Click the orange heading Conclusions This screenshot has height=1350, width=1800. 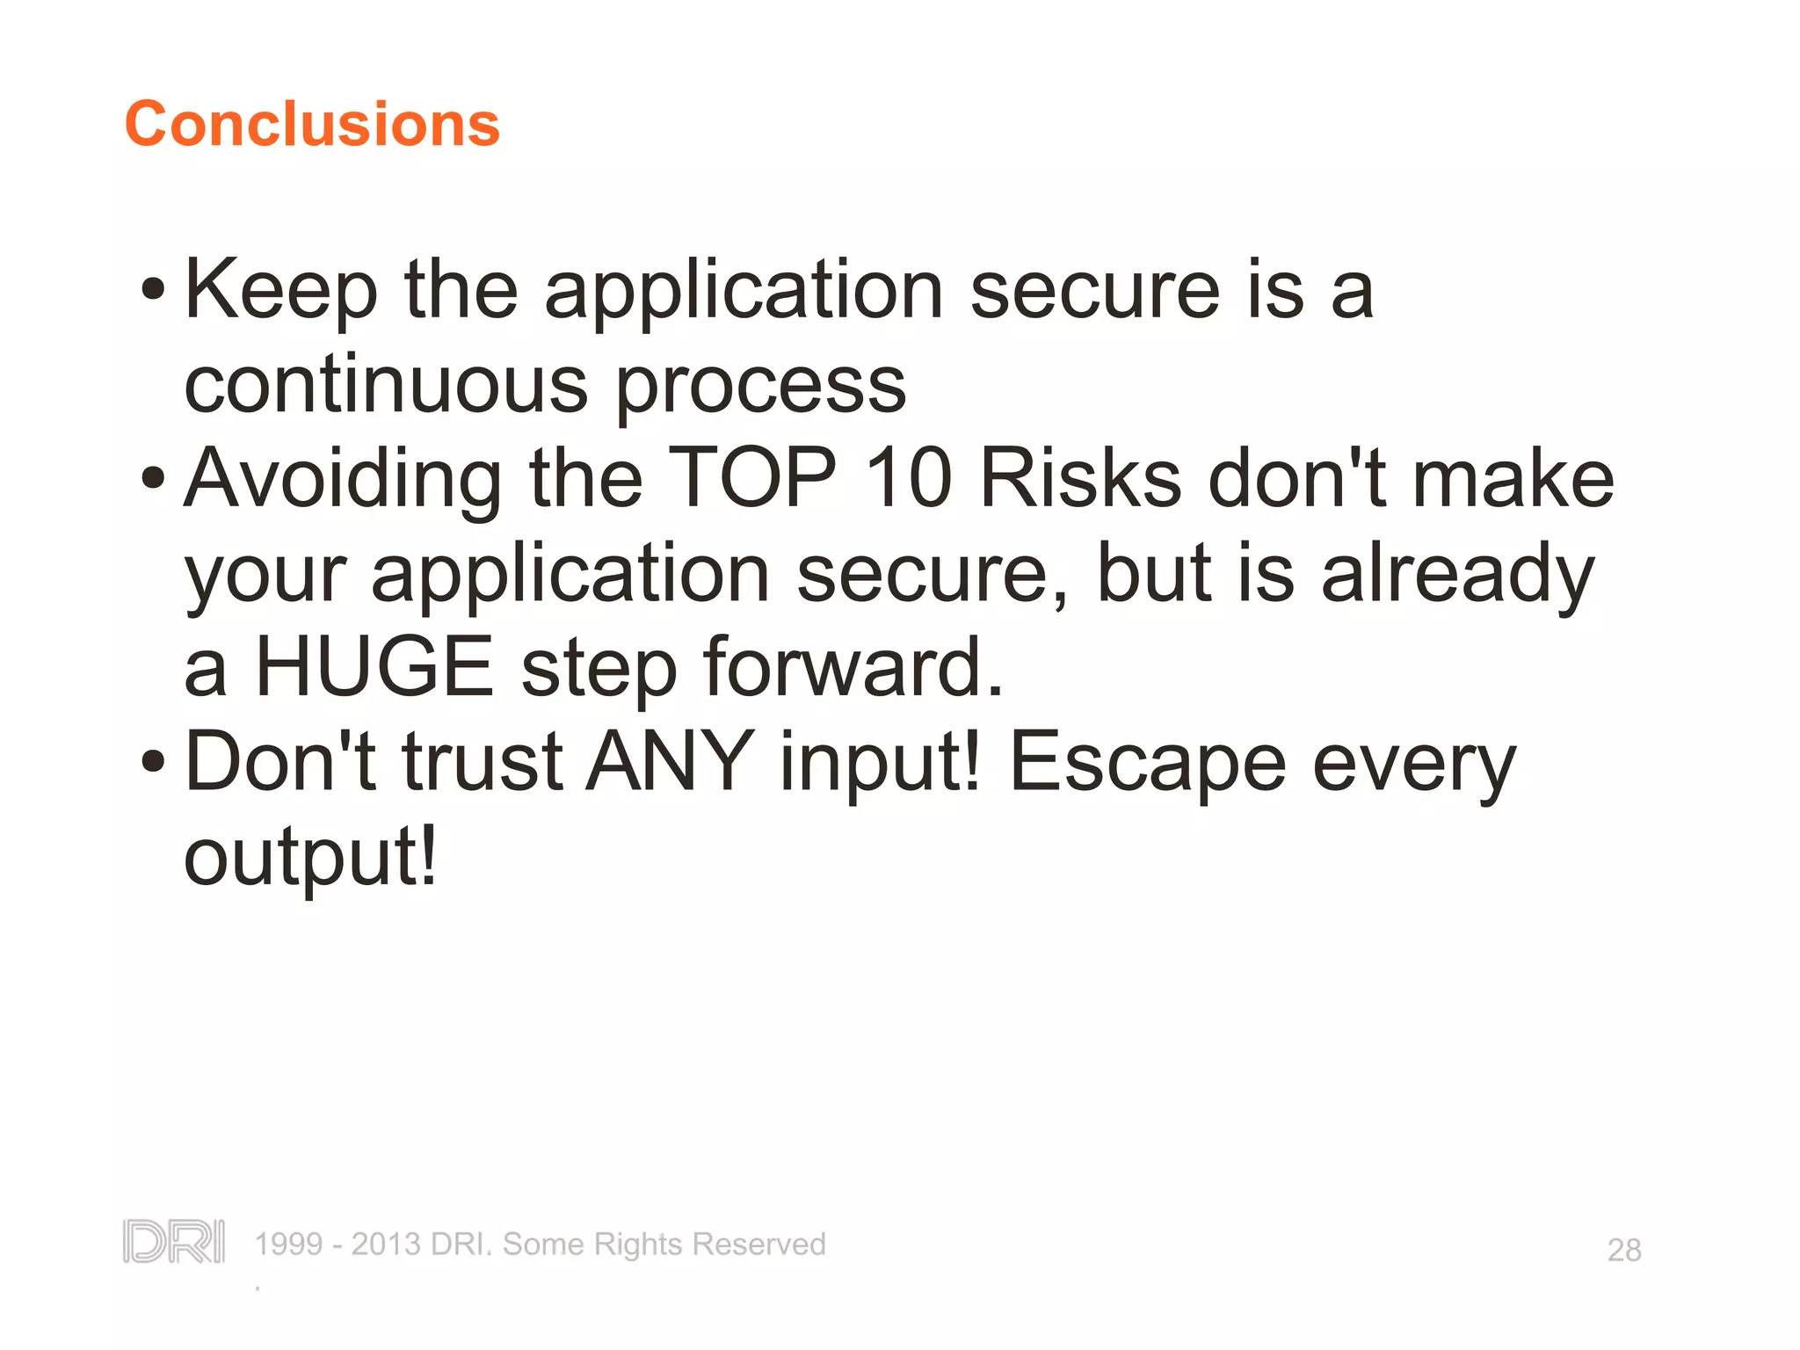click(312, 124)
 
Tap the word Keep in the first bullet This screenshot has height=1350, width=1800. click(280, 290)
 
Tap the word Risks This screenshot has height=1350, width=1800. click(1080, 479)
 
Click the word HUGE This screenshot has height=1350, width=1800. click(374, 667)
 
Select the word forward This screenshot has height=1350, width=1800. click(852, 667)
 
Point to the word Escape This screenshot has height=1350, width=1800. click(1147, 763)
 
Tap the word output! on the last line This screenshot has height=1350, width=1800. click(309, 857)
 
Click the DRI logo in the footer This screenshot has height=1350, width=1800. click(173, 1241)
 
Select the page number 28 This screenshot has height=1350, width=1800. click(1623, 1250)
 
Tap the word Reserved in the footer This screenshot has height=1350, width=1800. click(758, 1245)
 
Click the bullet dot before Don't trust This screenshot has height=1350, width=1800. click(153, 761)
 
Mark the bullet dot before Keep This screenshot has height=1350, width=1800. click(153, 289)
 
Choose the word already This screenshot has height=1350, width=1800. click(1457, 574)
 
